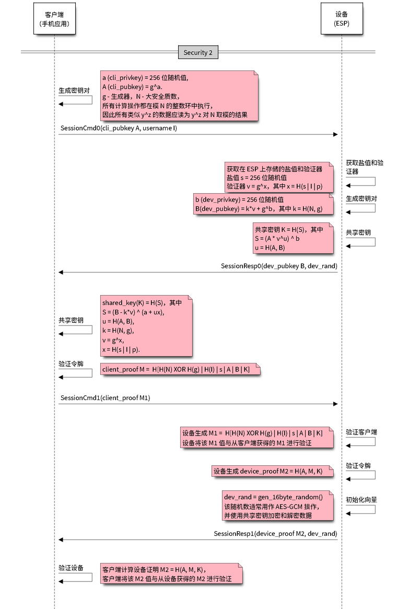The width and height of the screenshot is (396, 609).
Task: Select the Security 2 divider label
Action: pyautogui.click(x=198, y=52)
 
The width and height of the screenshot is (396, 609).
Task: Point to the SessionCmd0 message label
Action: pyautogui.click(x=119, y=128)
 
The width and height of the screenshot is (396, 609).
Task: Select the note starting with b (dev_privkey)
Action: pyautogui.click(x=263, y=204)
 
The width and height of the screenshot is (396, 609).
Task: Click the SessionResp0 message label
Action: pyautogui.click(x=279, y=266)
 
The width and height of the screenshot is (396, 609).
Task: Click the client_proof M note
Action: pyautogui.click(x=179, y=369)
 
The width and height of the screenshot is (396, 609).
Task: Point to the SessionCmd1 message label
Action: pyautogui.click(x=105, y=398)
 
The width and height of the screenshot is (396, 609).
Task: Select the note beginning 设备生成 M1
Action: pyautogui.click(x=255, y=438)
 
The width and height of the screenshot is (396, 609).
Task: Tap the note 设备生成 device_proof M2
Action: pyautogui.click(x=272, y=471)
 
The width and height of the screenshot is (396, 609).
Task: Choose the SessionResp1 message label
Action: pyautogui.click(x=275, y=533)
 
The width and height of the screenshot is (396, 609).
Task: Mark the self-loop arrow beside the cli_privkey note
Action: pyautogui.click(x=75, y=100)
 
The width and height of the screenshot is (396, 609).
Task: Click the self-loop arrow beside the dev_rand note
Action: pyautogui.click(x=361, y=510)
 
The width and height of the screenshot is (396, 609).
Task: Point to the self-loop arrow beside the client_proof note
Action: pyautogui.click(x=75, y=373)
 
